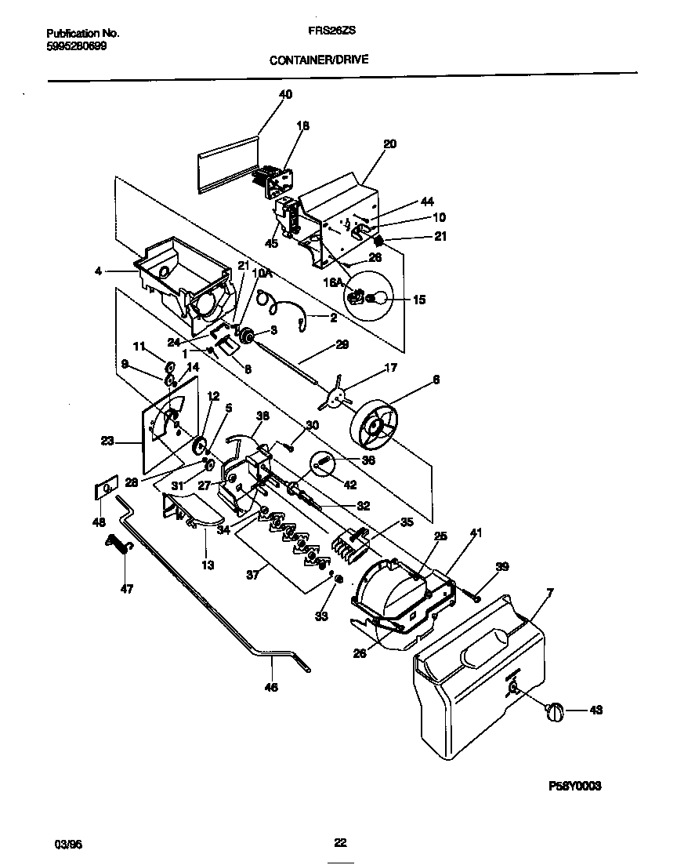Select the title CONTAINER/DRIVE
click(x=319, y=59)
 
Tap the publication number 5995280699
click(x=77, y=45)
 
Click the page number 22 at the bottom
click(x=340, y=843)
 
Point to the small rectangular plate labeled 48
click(x=104, y=490)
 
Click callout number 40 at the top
click(x=285, y=94)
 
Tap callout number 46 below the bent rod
click(x=271, y=686)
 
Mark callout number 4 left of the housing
click(x=98, y=271)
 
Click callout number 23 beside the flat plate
click(x=108, y=442)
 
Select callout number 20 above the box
click(x=389, y=144)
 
